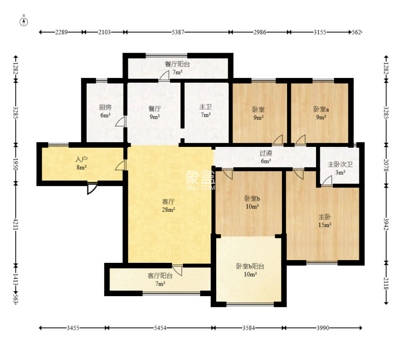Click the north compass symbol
tap(24, 22)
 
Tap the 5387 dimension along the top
tap(178, 32)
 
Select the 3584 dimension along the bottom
tap(249, 328)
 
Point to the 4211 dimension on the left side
tap(16, 224)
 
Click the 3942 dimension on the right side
tap(386, 224)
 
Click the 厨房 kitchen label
tap(105, 107)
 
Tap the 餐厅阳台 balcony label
tap(177, 64)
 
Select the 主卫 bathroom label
tap(206, 107)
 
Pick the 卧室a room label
tap(321, 109)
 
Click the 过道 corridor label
tap(266, 153)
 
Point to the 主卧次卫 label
tap(340, 165)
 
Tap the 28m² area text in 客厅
tap(168, 210)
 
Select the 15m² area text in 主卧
tap(325, 225)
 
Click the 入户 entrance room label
tap(81, 159)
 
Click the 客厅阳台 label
tap(160, 276)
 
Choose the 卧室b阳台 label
tap(250, 266)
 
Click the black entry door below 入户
tap(92, 189)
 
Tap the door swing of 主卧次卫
tap(327, 181)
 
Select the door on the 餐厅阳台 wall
tap(164, 75)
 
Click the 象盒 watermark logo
tap(200, 177)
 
